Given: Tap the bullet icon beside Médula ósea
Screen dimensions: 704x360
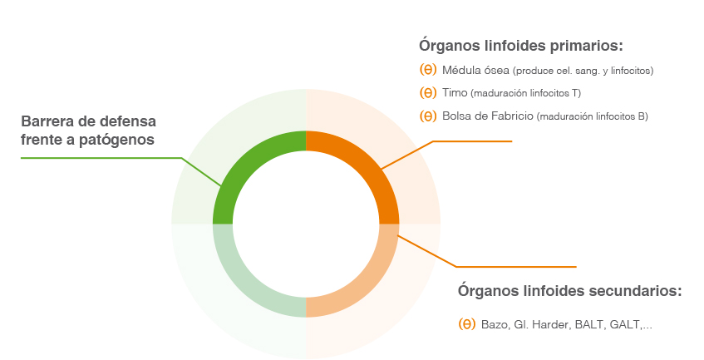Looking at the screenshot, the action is tap(428, 70).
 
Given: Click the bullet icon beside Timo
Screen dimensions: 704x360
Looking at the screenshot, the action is tap(428, 92).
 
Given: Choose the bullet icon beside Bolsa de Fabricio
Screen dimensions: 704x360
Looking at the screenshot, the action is tap(428, 116).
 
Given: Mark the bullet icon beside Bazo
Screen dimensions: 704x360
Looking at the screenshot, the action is tap(467, 323).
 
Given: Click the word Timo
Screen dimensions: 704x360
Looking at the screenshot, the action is tap(455, 92).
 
